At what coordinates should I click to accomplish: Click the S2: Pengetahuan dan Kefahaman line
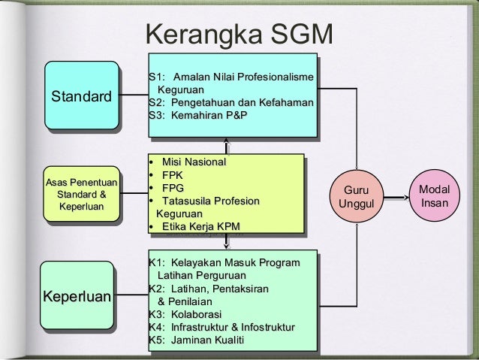[x=231, y=102]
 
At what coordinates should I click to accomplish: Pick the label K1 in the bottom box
[x=156, y=262]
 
